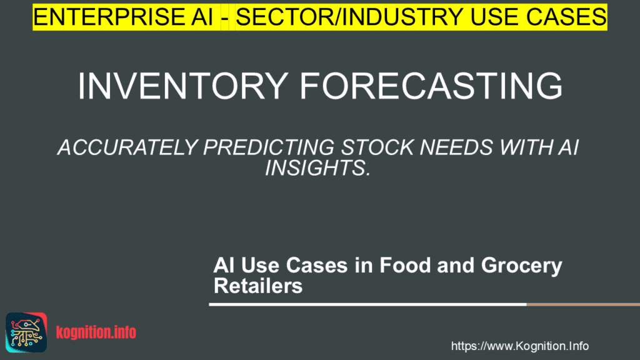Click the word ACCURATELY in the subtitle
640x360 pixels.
[124, 149]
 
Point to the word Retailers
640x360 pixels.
[258, 286]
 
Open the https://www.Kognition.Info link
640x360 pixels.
[519, 346]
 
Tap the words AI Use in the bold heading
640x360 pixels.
[247, 265]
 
